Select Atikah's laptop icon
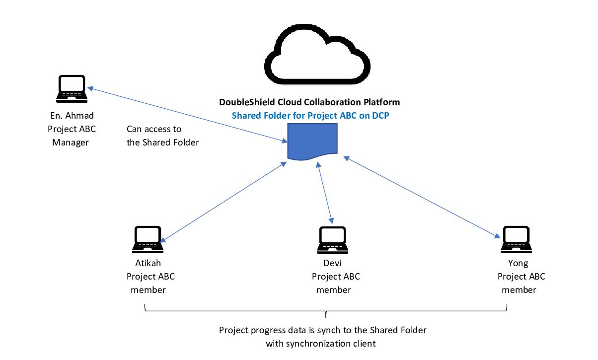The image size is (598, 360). click(x=148, y=239)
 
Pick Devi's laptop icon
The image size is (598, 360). click(x=332, y=239)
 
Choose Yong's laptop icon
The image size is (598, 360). click(x=517, y=239)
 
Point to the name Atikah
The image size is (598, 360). click(x=148, y=263)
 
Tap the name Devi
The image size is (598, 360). click(x=333, y=263)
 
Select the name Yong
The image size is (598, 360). click(x=519, y=263)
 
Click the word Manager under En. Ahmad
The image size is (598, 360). click(x=71, y=143)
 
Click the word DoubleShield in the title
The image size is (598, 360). click(x=244, y=103)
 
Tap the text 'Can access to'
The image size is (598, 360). click(x=154, y=129)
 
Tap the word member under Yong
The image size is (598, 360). click(x=519, y=290)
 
